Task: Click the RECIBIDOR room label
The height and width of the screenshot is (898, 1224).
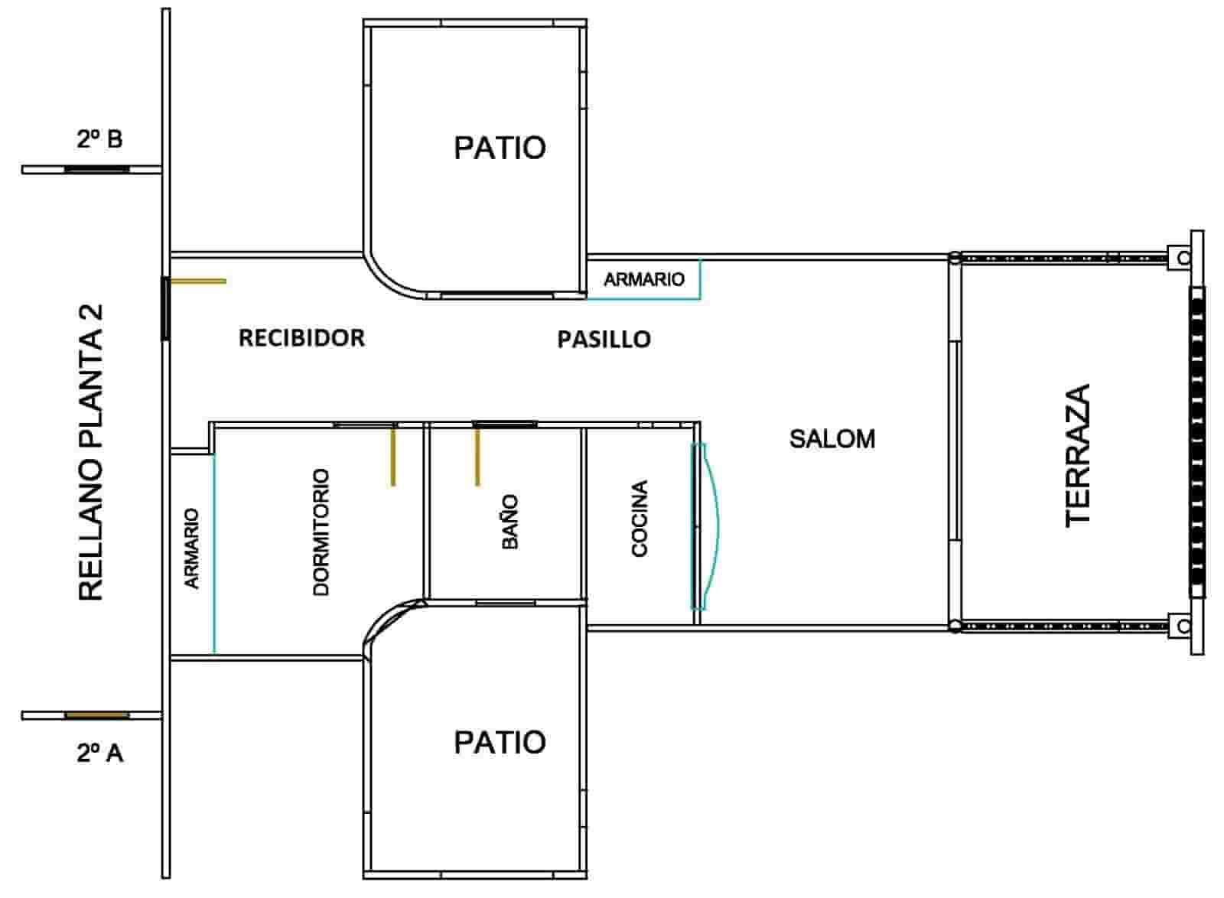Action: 301,338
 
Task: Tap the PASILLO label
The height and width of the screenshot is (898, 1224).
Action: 604,339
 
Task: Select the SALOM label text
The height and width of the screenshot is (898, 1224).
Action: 832,439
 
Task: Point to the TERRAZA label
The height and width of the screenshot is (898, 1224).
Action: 1077,454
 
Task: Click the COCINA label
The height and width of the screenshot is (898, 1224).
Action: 640,518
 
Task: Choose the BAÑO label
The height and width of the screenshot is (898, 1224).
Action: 510,521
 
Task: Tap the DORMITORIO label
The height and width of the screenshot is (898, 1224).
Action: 321,532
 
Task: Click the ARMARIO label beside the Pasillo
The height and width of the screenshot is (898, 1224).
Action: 643,279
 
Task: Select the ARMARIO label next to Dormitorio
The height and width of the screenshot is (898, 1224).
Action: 191,548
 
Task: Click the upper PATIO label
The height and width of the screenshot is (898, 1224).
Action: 500,148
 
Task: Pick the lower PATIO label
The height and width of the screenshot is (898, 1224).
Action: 500,742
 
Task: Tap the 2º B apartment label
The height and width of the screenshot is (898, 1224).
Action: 99,139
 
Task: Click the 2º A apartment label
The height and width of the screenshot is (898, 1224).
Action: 99,753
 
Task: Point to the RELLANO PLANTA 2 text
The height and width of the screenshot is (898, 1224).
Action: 91,453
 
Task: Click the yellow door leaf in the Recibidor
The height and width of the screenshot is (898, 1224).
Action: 197,281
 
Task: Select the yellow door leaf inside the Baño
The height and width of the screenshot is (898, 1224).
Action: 477,456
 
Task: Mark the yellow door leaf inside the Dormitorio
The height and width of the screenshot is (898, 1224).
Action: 393,456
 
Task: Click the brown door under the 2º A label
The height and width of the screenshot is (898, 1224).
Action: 96,715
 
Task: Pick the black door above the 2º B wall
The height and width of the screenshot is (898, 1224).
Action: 96,169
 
